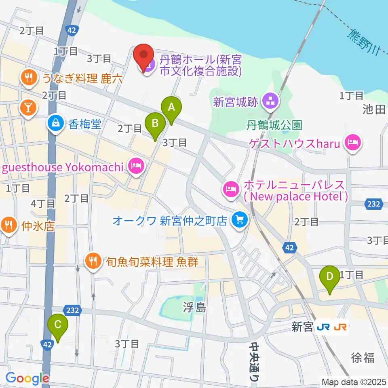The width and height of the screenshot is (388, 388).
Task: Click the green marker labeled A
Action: click(x=171, y=108)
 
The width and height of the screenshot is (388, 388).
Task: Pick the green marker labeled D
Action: click(x=330, y=278)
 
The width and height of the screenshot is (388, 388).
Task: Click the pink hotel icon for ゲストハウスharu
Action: click(x=353, y=142)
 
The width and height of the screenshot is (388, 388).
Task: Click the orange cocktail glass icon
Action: click(x=29, y=108)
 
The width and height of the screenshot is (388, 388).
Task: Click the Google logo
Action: click(x=27, y=378)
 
